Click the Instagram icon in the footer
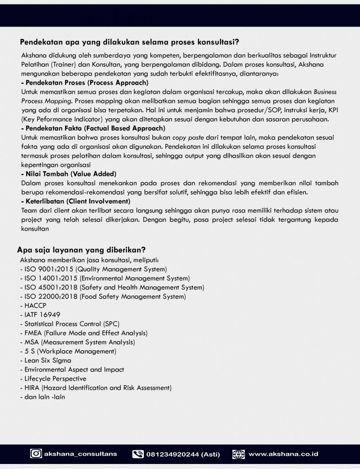pyautogui.click(x=36, y=454)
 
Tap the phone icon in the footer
pyautogui.click(x=138, y=454)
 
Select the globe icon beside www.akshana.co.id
pyautogui.click(x=239, y=454)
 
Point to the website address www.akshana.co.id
pyautogui.click(x=283, y=454)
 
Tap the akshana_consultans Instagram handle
pyautogui.click(x=81, y=454)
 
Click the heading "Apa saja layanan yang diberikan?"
pyautogui.click(x=82, y=250)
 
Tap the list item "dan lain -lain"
pyautogui.click(x=43, y=397)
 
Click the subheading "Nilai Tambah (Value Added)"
pyautogui.click(x=69, y=174)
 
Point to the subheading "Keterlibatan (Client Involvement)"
pyautogui.click(x=76, y=201)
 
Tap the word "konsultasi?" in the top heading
pyautogui.click(x=216, y=43)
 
